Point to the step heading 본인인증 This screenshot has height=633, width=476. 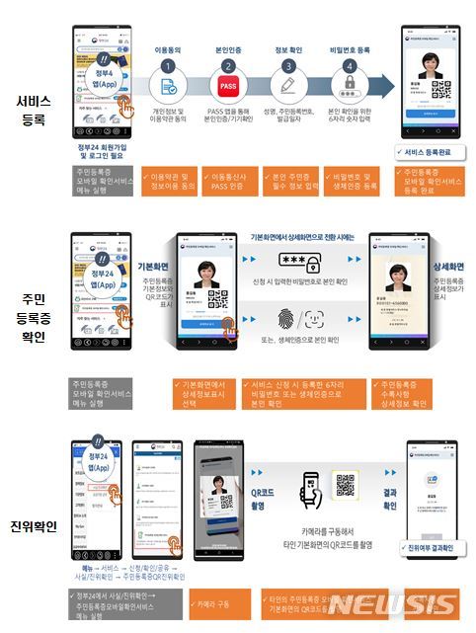(229, 45)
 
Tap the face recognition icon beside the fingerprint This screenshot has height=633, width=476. (317, 320)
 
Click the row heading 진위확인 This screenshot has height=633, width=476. (30, 522)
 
